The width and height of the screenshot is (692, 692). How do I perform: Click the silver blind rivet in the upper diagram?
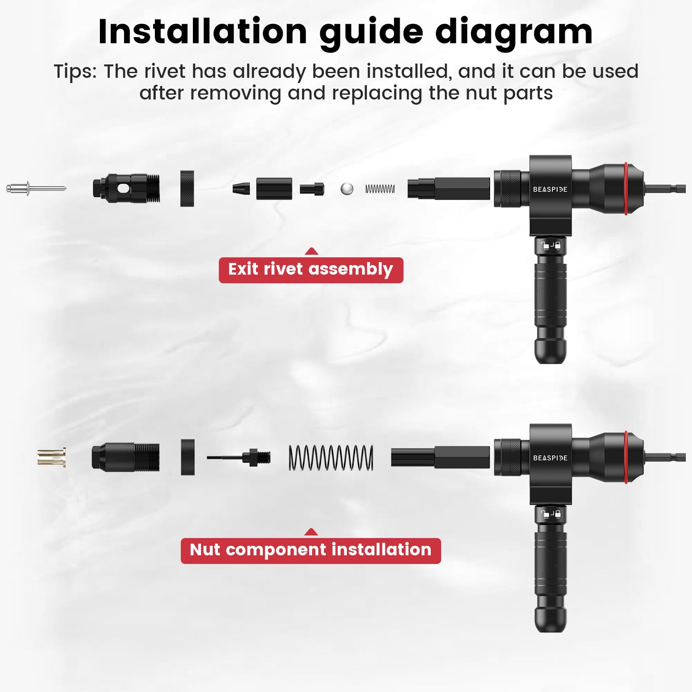35,189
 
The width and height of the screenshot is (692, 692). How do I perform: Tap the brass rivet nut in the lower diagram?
51,457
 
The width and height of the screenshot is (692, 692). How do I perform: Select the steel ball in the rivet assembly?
347,189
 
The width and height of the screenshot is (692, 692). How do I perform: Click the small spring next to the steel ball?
380,189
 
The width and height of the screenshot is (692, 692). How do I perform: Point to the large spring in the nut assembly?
331,458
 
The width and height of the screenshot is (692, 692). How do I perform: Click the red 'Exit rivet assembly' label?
311,270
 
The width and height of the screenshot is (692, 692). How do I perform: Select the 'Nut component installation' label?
311,550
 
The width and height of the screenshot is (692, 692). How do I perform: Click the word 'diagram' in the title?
514,33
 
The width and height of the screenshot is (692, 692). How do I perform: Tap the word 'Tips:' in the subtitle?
75,71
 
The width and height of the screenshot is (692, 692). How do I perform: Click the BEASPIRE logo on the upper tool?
550,189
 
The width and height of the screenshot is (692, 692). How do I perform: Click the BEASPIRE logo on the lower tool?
550,458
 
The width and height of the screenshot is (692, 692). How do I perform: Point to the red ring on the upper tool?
626,189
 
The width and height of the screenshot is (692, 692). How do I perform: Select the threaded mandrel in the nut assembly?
239,457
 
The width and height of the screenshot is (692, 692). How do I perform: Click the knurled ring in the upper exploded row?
187,189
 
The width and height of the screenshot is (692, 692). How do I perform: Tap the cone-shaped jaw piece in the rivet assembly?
241,189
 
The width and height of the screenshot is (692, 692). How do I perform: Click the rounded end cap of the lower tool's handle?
550,619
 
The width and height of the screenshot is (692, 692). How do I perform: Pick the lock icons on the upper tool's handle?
551,246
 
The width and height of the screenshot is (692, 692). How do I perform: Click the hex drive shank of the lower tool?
665,457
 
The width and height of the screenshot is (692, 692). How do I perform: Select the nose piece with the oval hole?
126,189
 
